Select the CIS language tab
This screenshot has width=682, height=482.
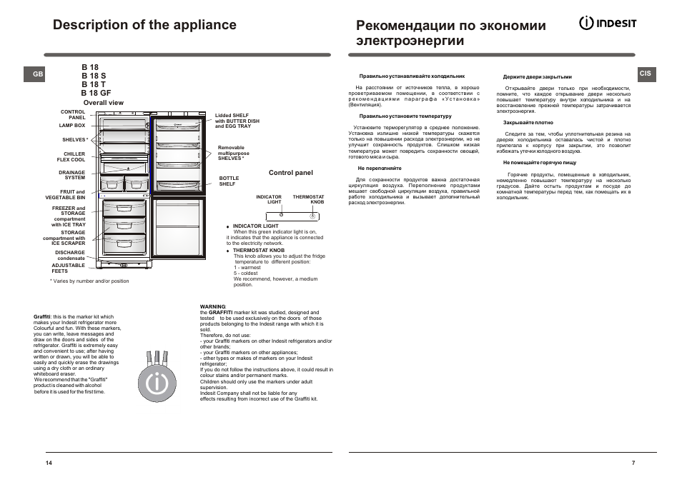pos(646,74)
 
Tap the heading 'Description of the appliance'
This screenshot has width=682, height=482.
pos(144,25)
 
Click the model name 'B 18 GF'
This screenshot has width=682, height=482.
pos(96,93)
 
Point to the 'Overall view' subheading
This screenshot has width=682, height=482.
pos(103,103)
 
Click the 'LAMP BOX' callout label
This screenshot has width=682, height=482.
pos(72,125)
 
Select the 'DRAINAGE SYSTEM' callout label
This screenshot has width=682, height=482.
pos(71,175)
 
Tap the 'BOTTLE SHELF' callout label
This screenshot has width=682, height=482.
pos(229,181)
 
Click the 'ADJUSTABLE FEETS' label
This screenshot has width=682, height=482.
pos(68,268)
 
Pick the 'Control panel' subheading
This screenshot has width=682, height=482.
pos(290,173)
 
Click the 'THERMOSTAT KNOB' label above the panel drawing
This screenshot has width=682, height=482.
pos(308,199)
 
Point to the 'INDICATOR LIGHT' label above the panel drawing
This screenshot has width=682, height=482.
pos(269,199)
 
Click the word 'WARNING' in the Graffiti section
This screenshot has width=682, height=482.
pos(212,306)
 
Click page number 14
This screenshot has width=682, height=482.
pos(49,463)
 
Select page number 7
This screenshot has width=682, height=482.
pos(633,463)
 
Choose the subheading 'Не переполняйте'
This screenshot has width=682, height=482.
pos(375,168)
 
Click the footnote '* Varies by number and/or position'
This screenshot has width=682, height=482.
pos(89,281)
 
